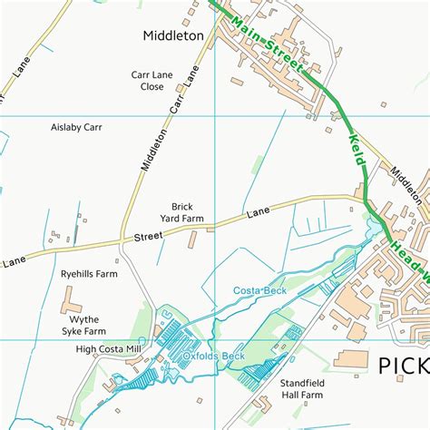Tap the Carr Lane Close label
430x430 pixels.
point(145,82)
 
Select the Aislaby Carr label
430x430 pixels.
point(76,127)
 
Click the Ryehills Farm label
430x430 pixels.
point(89,273)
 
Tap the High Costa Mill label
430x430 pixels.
point(109,349)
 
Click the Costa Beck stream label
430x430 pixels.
point(260,290)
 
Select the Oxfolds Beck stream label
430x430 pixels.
point(214,357)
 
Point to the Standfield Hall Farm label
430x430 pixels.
point(301,389)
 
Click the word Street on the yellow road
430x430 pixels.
point(149,237)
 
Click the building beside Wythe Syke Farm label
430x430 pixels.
point(70,298)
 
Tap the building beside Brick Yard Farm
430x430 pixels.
point(192,240)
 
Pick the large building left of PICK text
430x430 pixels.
point(352,359)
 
